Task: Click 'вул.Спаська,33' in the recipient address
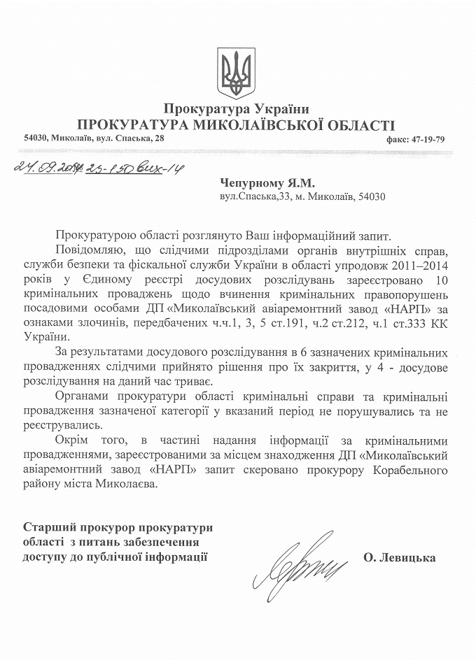[x=249, y=196]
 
